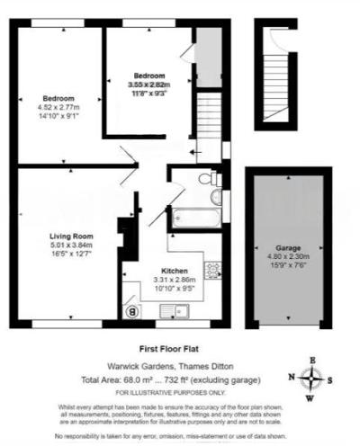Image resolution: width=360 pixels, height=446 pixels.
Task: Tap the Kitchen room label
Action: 174,271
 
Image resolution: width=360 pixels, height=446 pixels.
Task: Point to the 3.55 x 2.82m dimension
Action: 148,85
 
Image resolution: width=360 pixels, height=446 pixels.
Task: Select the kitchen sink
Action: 174,311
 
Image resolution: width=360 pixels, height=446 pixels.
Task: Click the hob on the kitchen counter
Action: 213,268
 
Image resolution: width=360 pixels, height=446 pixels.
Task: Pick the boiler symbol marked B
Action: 133,311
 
